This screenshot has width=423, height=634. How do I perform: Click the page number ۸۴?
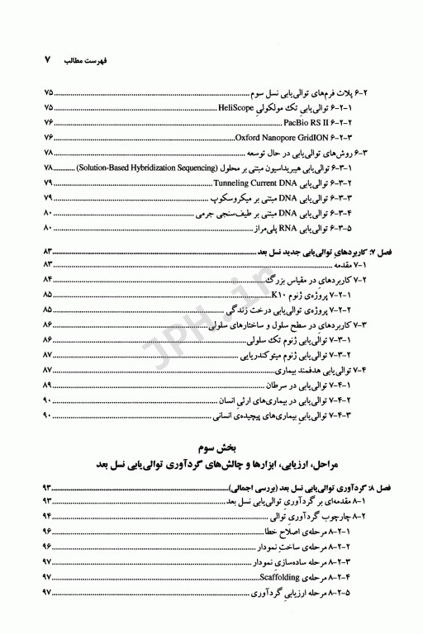point(47,279)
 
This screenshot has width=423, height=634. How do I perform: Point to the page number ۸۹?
point(47,386)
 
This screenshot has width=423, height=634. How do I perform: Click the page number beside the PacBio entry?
point(47,121)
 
